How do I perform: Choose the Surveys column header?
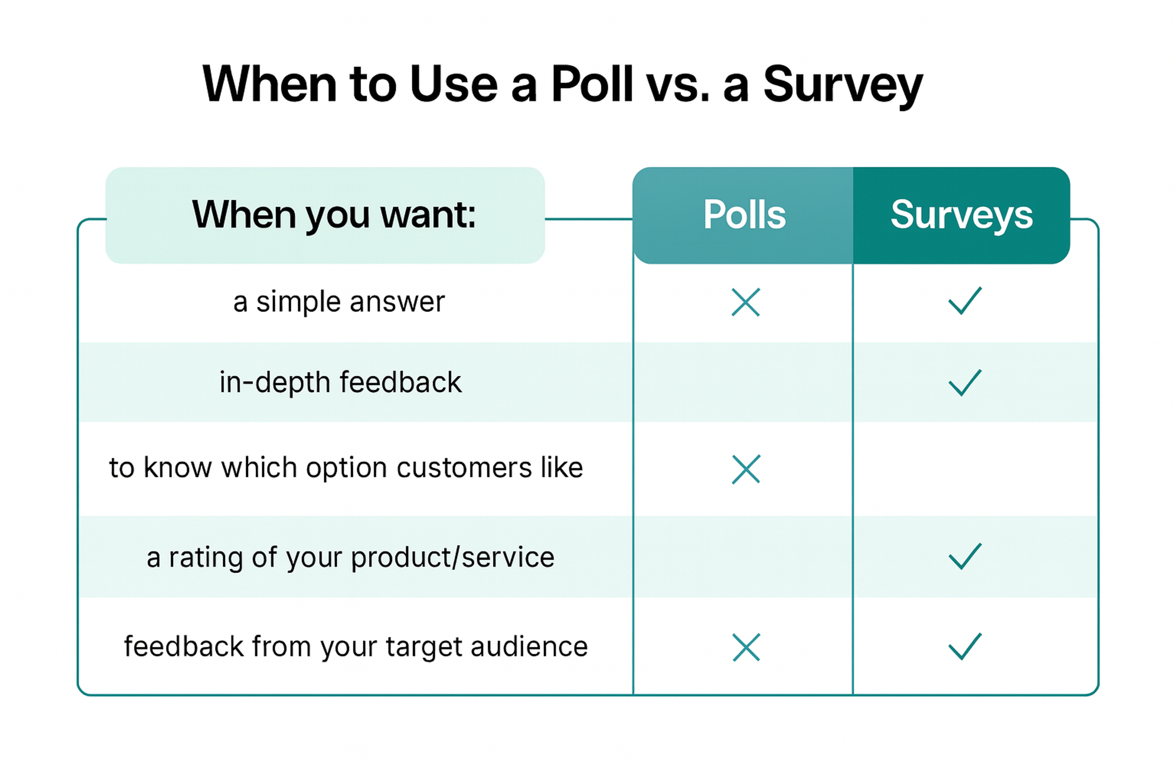(961, 215)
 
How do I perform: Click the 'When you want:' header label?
(334, 215)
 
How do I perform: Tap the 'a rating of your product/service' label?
(350, 557)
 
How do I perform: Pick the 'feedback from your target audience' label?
(356, 646)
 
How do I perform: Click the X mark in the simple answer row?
(745, 302)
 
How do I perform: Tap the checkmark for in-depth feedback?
(964, 383)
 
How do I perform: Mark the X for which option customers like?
(745, 469)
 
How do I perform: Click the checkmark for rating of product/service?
(964, 556)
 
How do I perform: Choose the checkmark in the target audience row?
(964, 646)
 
